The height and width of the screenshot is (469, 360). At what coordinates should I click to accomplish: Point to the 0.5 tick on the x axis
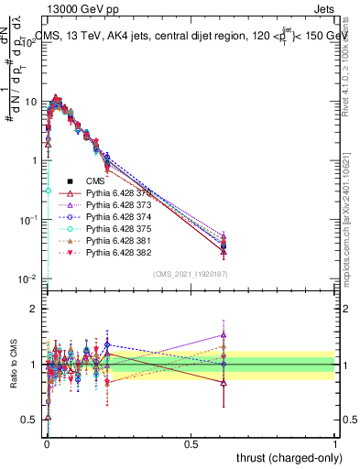pyautogui.click(x=191, y=444)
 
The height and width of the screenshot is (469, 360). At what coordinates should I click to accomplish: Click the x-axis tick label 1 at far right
pyautogui.click(x=335, y=444)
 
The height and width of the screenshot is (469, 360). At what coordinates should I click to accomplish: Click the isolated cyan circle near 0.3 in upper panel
pyautogui.click(x=48, y=191)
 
